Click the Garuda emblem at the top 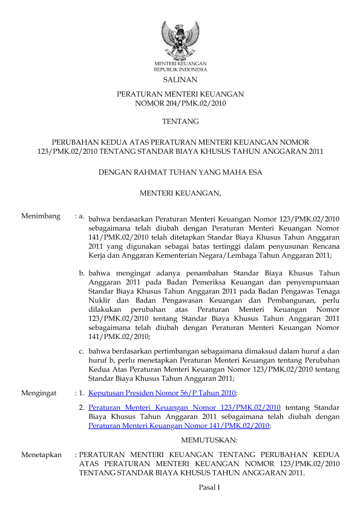(180, 39)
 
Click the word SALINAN (180, 79)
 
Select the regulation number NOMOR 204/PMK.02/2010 (180, 103)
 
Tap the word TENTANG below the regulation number (180, 122)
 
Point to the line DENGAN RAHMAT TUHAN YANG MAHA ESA (180, 172)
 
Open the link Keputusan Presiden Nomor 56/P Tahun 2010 (162, 393)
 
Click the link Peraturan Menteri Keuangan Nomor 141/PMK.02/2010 (178, 425)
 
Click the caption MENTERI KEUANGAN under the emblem (180, 64)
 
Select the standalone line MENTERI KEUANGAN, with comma (181, 194)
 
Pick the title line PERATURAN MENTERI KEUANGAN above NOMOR (180, 95)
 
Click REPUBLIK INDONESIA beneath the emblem (180, 70)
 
